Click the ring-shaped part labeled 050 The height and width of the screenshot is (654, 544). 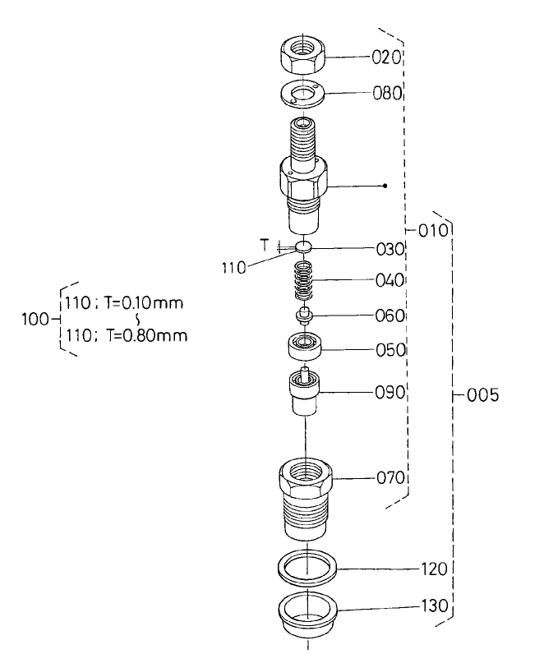[305, 349]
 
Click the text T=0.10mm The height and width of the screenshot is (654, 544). [144, 302]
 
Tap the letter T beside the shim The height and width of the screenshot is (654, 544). [265, 245]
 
